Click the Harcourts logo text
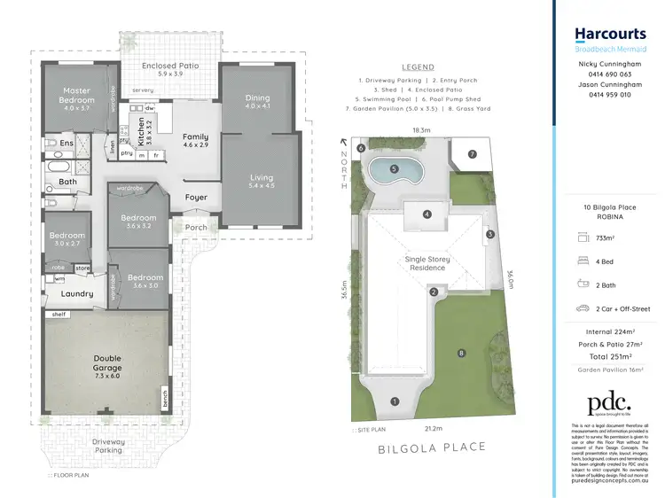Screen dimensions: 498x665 (610, 35)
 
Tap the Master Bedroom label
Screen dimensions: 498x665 (76, 96)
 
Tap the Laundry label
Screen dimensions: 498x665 (77, 294)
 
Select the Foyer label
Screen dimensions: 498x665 (196, 198)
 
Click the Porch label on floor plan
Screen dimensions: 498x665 (195, 228)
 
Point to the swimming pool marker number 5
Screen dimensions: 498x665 (395, 168)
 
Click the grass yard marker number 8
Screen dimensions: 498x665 (461, 354)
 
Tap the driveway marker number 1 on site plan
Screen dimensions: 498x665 (395, 401)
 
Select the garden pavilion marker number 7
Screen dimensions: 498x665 (473, 154)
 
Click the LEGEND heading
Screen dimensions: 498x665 (418, 66)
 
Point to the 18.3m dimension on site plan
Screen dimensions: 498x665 (421, 129)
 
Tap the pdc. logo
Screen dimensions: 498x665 (609, 403)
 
